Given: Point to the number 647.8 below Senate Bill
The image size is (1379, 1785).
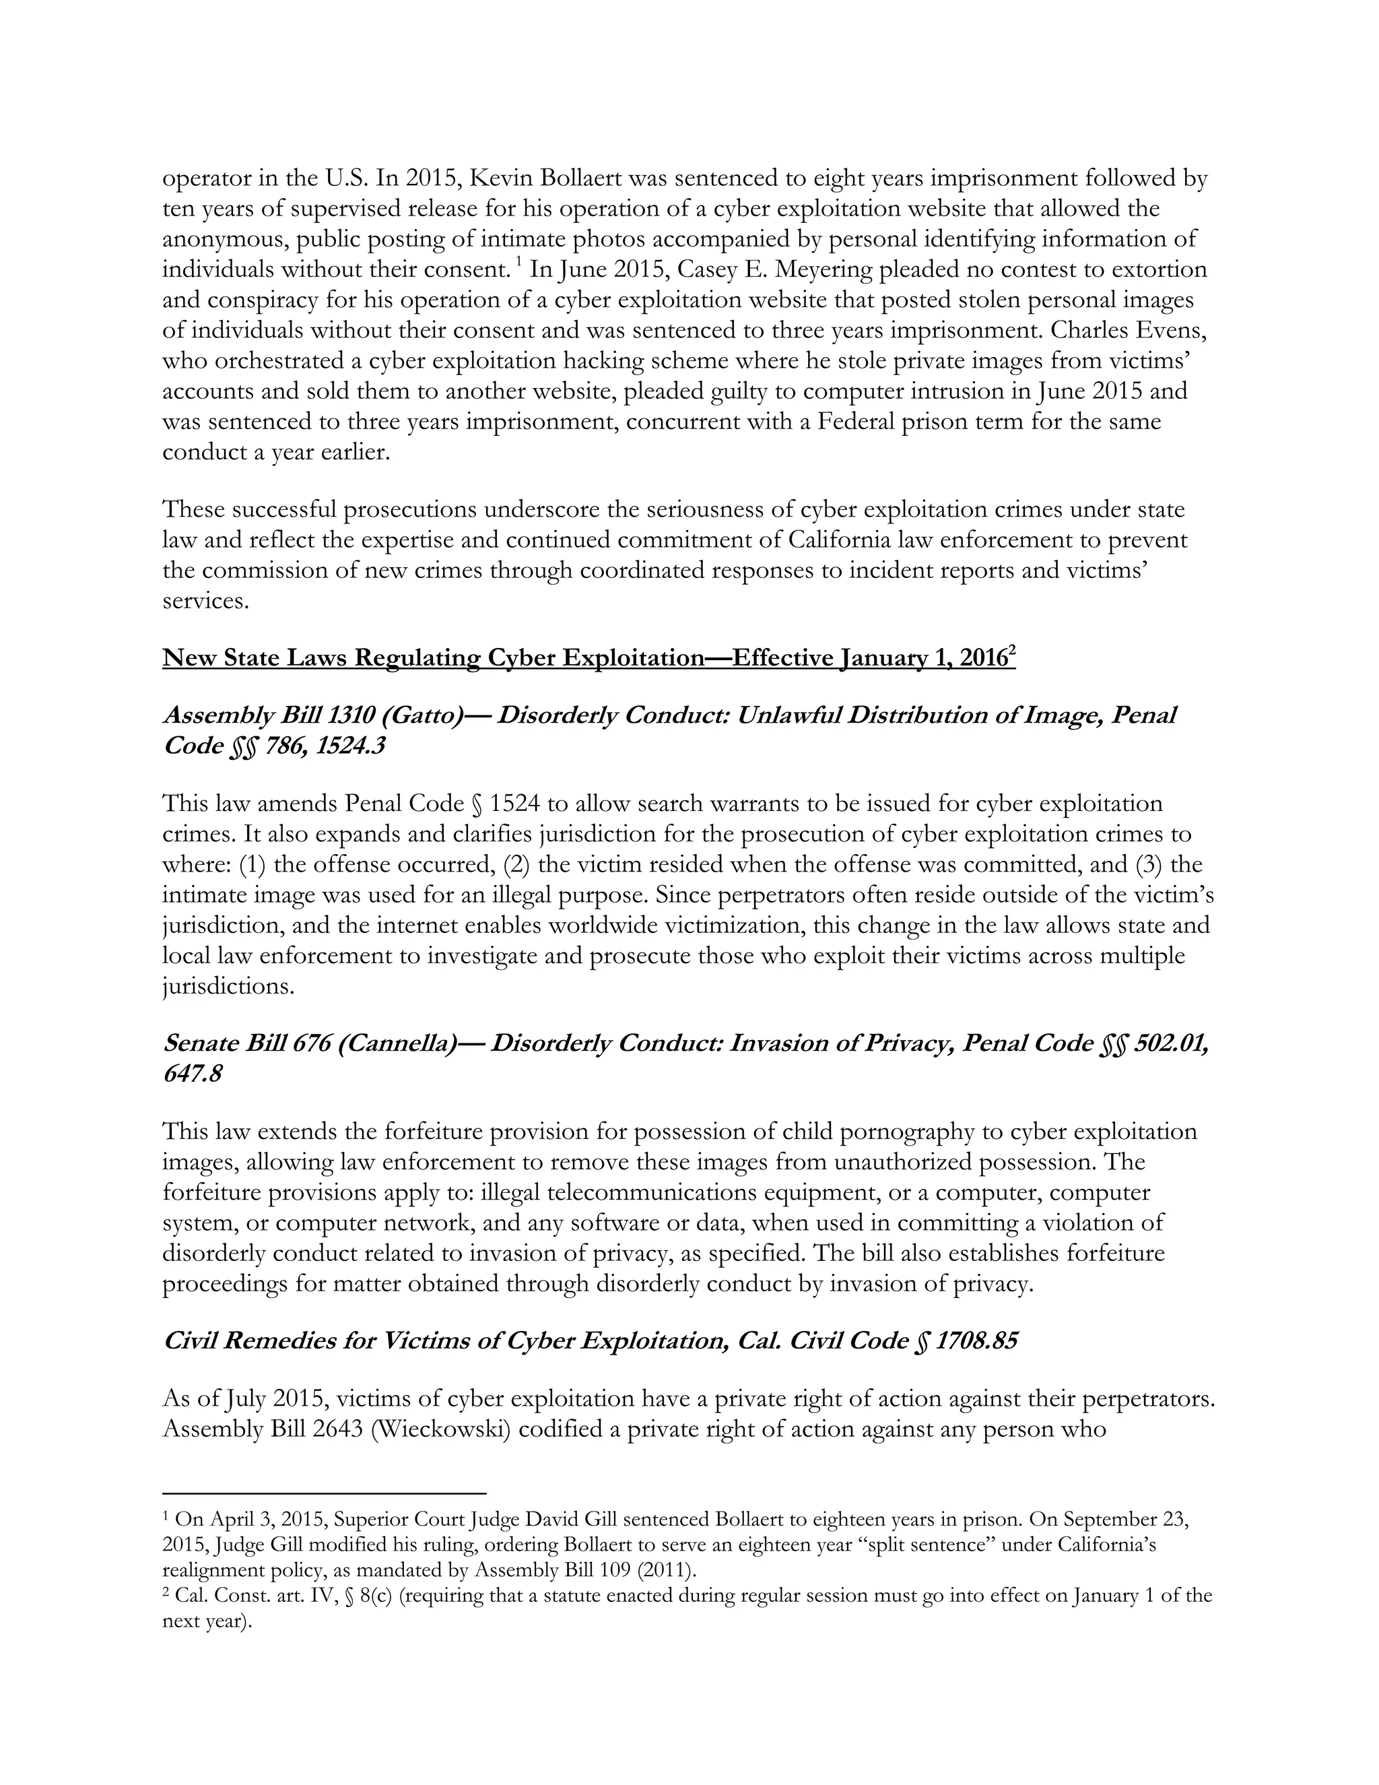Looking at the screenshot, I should coord(193,1074).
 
